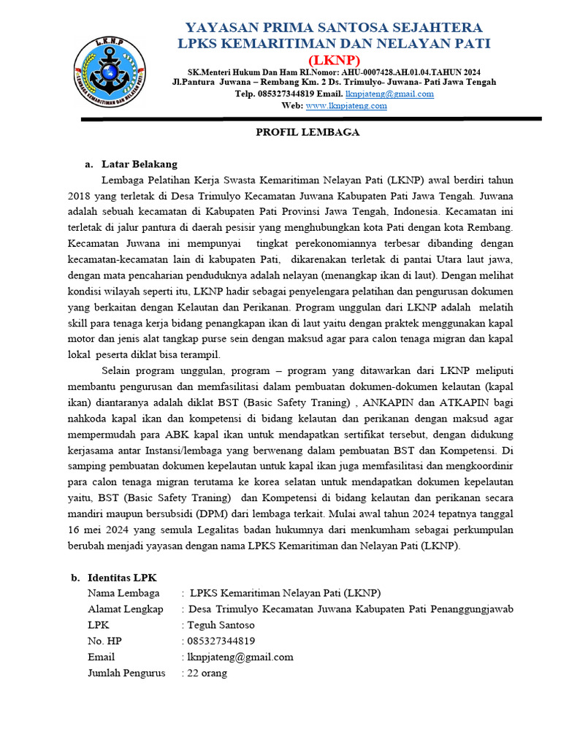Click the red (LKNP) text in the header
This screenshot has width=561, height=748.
[335, 59]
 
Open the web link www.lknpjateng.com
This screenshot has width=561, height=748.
[346, 106]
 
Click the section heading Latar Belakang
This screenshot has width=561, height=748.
[139, 164]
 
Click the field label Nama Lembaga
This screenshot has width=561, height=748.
[123, 593]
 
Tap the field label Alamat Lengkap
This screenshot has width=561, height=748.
[125, 609]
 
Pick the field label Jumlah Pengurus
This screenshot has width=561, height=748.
[126, 673]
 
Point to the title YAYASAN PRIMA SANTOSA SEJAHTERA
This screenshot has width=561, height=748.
[335, 27]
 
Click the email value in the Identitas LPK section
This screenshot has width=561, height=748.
[240, 657]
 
